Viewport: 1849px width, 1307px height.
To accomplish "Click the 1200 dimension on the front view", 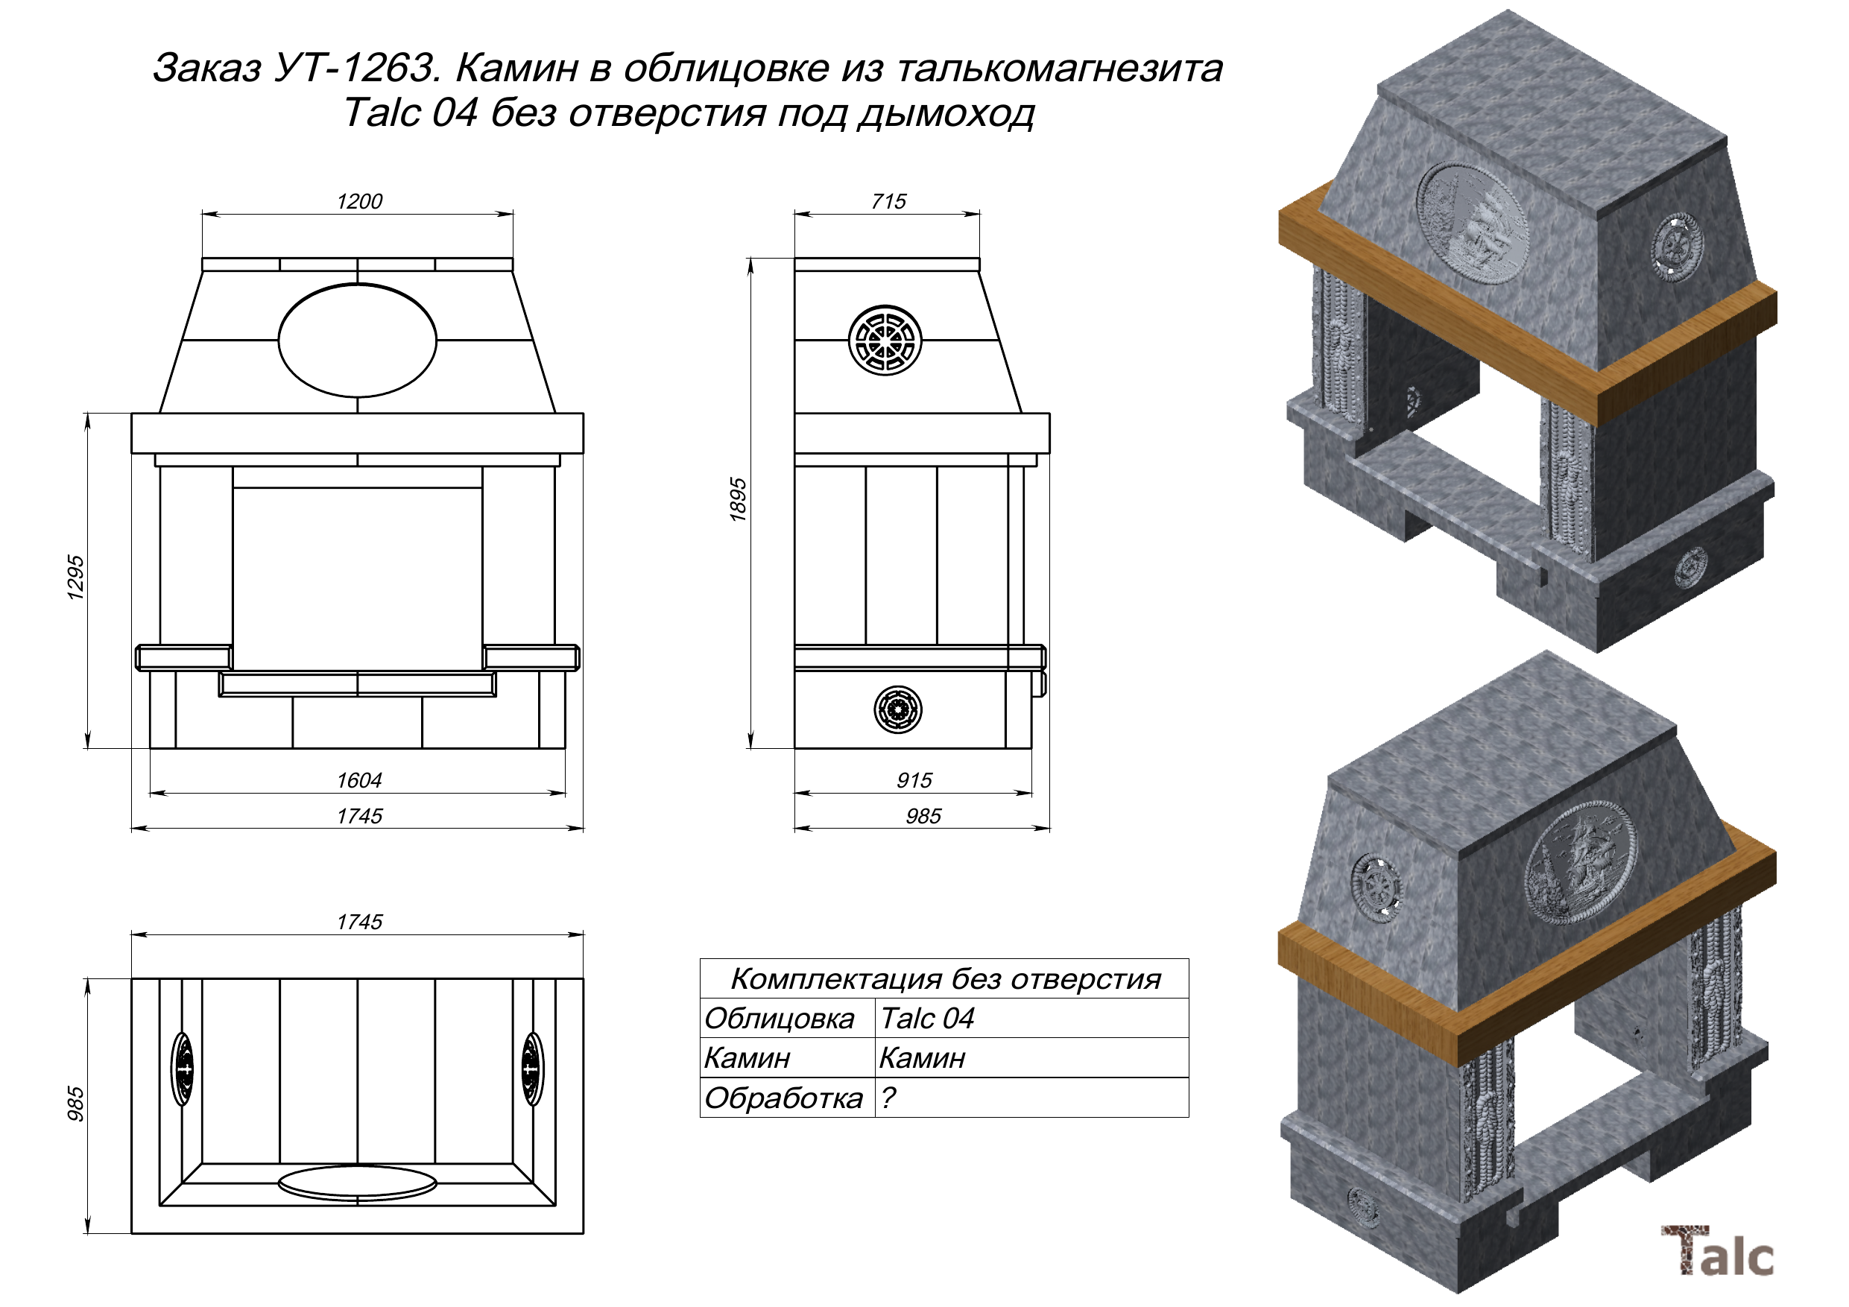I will coord(359,201).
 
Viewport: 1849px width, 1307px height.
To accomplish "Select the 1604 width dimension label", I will coord(359,780).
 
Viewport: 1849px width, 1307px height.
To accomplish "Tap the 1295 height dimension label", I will coord(75,577).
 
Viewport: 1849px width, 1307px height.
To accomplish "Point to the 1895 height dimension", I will coord(738,500).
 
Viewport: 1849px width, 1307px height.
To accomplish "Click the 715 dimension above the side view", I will coord(888,201).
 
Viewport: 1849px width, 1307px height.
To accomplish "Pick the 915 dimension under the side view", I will coord(914,780).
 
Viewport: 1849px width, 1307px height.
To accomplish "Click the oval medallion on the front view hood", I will coord(358,341).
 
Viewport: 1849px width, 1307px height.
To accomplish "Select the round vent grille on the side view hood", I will coord(885,340).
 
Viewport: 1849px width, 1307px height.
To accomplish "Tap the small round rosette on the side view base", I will coord(898,709).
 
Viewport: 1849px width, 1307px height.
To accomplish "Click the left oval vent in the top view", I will coord(183,1069).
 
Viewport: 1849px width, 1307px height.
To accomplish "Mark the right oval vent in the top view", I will coord(531,1069).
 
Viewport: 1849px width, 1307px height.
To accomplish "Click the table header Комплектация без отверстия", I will coord(945,979).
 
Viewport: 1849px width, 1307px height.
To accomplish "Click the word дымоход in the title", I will coord(946,113).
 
